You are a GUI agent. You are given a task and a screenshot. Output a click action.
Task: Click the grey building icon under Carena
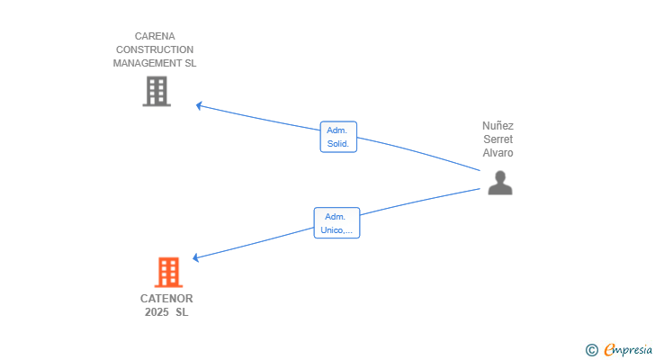point(157,91)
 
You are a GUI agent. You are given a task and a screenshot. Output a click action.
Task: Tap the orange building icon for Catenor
point(168,272)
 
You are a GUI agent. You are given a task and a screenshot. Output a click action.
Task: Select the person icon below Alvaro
point(499,183)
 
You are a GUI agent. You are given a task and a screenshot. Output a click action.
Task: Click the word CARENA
point(155,37)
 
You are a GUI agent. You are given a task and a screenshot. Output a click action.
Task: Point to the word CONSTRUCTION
point(155,50)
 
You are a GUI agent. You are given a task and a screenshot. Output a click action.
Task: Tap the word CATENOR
point(166,299)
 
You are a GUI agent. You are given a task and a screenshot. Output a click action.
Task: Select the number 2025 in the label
point(157,312)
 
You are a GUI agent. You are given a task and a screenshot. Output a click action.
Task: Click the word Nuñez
point(498,126)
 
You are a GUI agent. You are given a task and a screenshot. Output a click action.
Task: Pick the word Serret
point(498,139)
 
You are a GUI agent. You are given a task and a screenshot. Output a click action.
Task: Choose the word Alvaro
point(498,153)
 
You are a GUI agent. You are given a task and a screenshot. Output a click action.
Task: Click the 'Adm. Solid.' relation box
point(338,137)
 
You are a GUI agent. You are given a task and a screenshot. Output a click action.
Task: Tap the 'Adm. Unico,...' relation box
point(336,223)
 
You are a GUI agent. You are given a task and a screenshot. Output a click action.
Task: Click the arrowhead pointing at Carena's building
point(200,105)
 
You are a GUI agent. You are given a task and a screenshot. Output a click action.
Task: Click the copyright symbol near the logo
point(591,350)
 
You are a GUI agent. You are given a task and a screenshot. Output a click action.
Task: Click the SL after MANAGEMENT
point(190,64)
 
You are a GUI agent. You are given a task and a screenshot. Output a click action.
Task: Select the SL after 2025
point(183,312)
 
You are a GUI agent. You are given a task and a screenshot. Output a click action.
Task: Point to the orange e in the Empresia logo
point(609,350)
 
